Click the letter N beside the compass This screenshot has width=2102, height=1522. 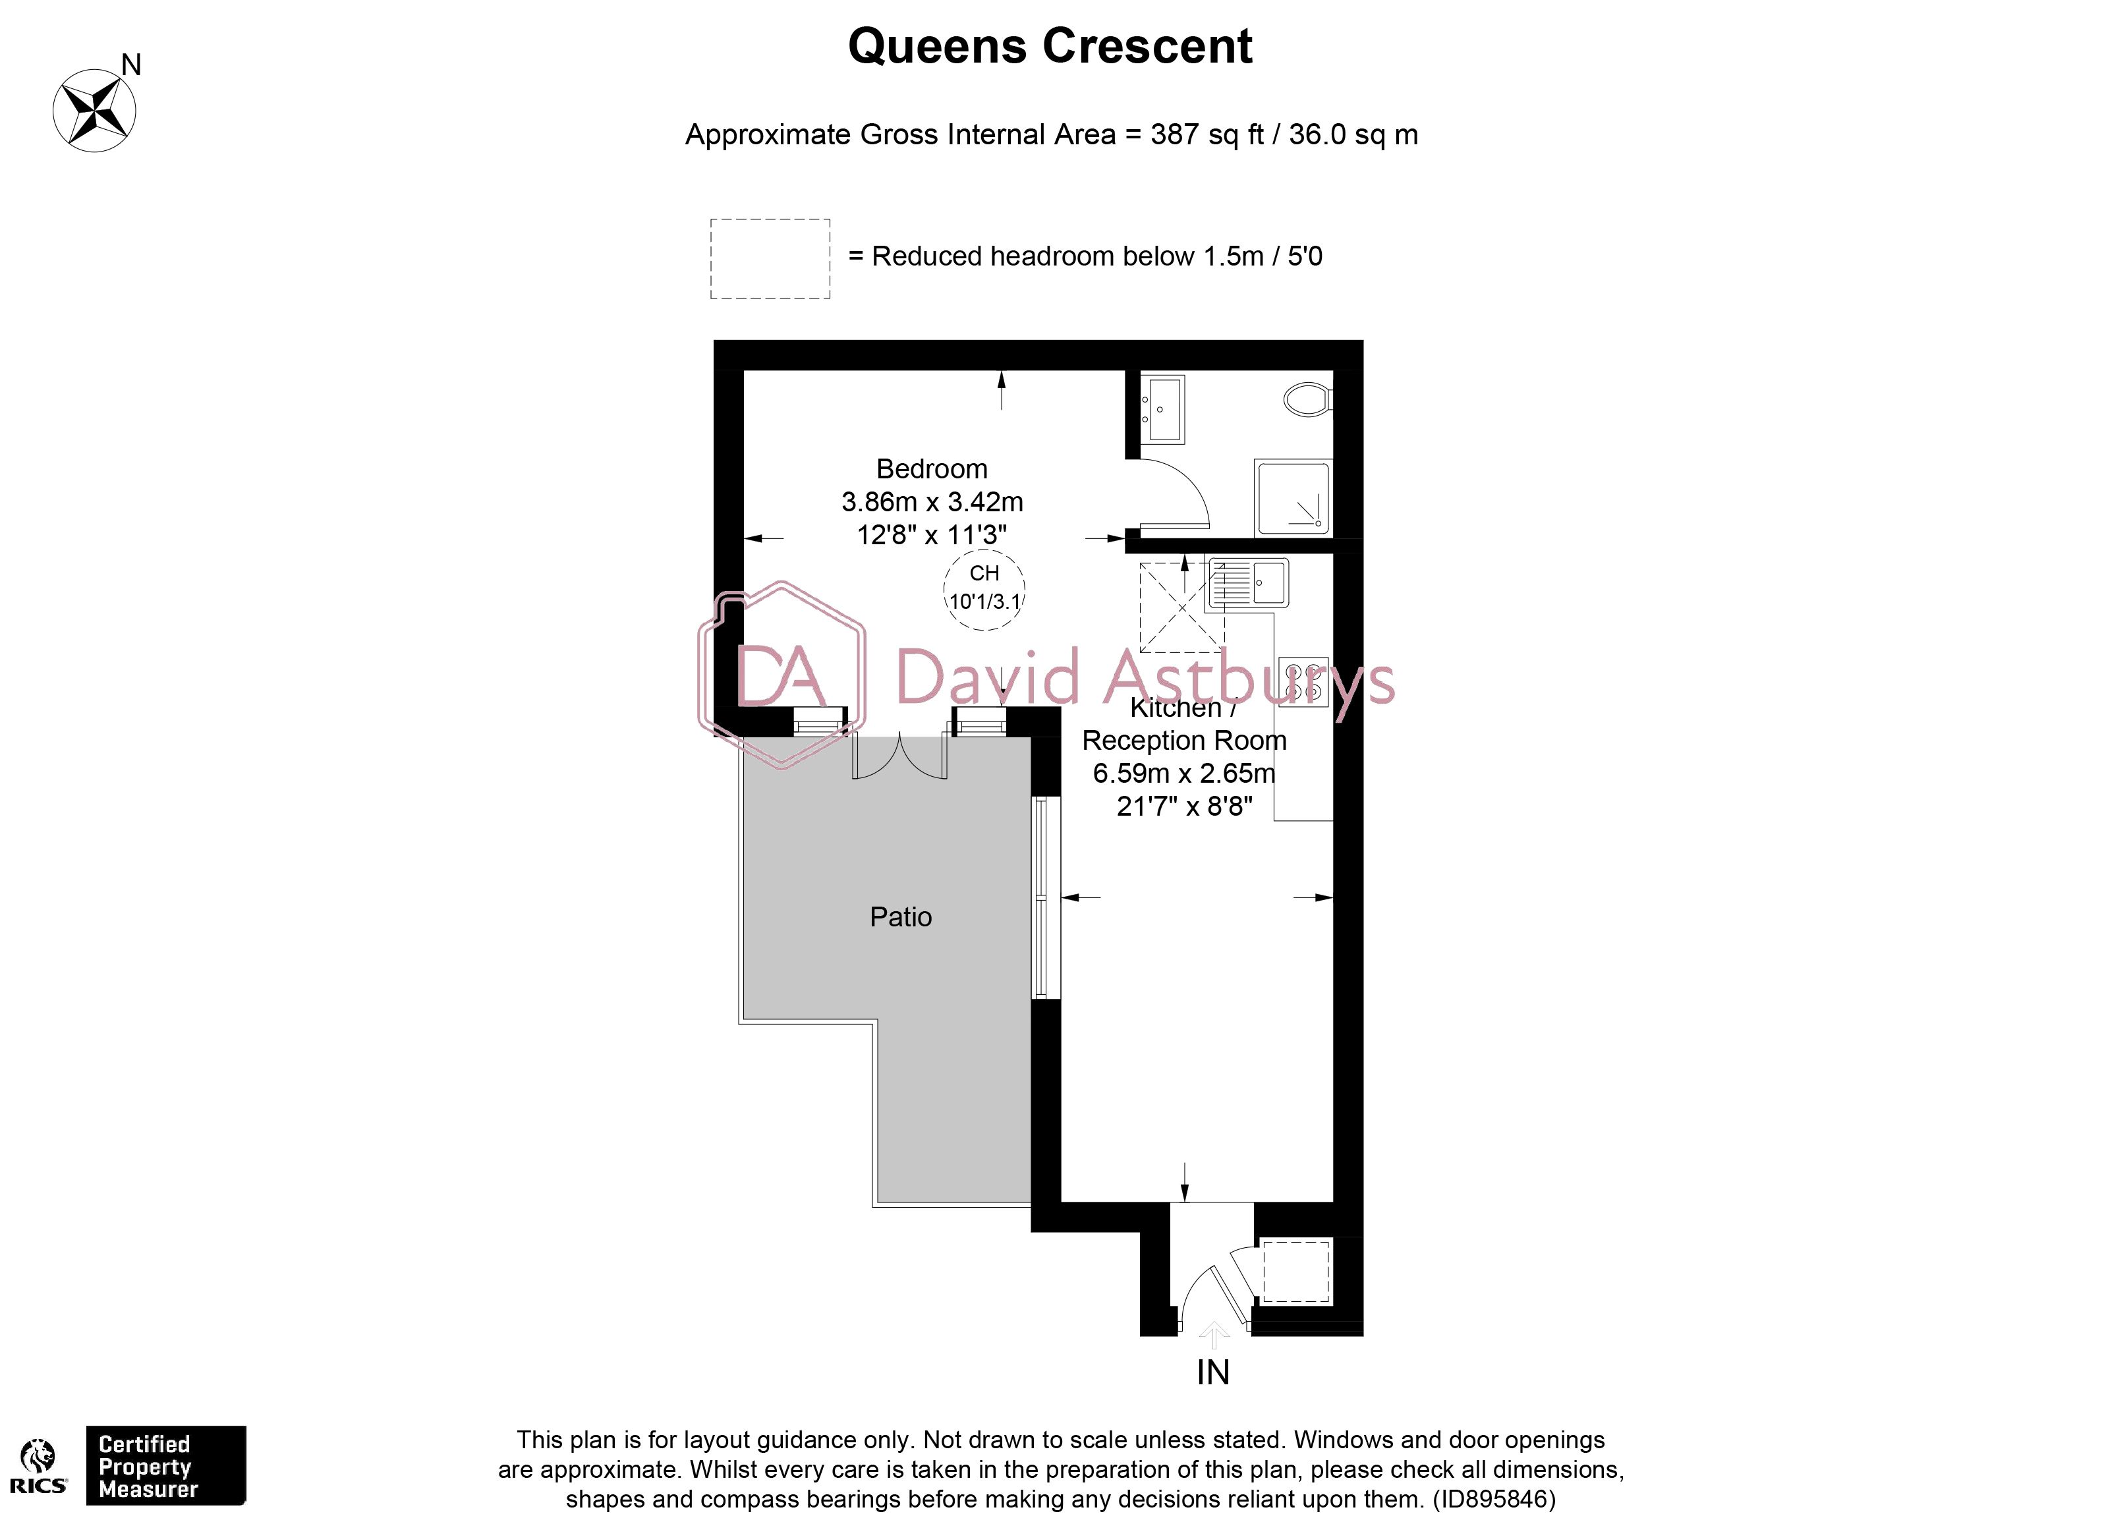tap(132, 65)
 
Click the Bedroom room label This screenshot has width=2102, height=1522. tap(932, 469)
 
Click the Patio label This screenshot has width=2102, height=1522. tap(900, 916)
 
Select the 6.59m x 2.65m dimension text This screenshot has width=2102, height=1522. tap(1183, 773)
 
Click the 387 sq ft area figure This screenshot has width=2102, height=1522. tap(1207, 135)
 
